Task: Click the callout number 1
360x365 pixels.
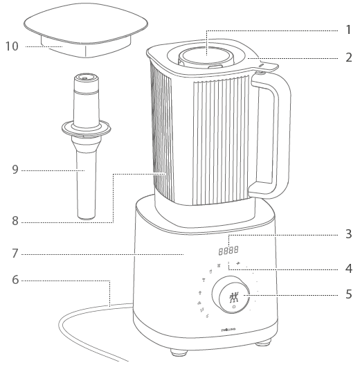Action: click(348, 30)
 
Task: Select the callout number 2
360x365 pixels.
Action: click(348, 57)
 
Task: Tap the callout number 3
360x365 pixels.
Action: click(348, 234)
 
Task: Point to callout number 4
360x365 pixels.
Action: click(348, 267)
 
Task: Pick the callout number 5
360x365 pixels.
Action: click(348, 294)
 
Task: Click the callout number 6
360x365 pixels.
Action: click(15, 280)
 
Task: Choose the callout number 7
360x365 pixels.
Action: click(15, 253)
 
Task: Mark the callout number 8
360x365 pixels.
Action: click(15, 222)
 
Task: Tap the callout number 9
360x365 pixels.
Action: click(15, 168)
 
